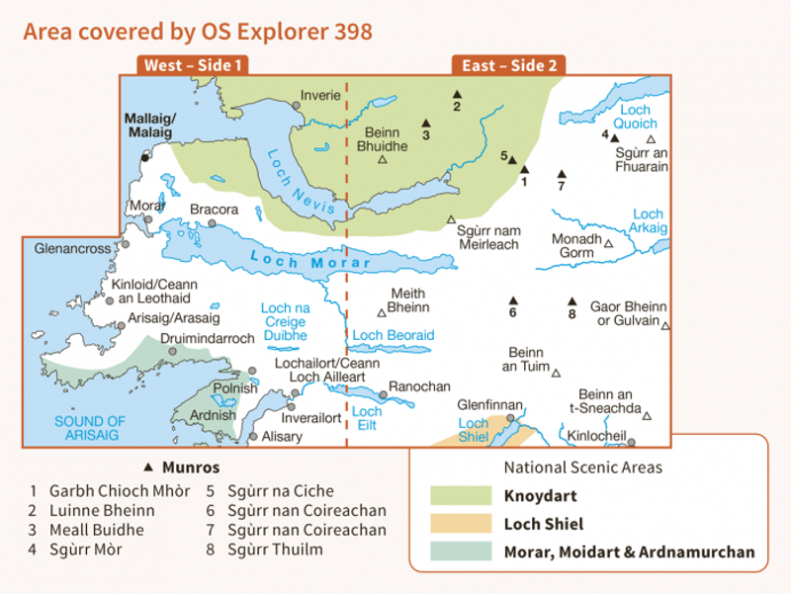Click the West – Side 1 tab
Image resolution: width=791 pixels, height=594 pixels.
(193, 65)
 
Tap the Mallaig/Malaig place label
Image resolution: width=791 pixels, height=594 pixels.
(148, 125)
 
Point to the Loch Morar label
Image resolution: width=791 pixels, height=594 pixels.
(311, 261)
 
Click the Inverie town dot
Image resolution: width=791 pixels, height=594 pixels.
(296, 106)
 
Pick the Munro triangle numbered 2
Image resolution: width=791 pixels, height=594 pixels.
(457, 93)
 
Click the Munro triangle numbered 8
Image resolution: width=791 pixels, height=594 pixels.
(571, 302)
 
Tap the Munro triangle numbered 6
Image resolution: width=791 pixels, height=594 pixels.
(512, 300)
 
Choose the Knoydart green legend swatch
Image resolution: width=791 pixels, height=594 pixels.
(460, 495)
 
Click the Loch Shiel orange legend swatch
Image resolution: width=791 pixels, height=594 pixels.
(460, 524)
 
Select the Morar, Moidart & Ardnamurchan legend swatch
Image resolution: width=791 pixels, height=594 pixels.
(460, 552)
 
